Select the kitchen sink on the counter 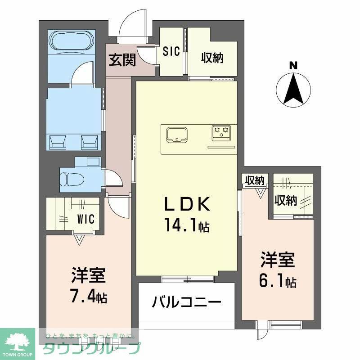tap(177, 134)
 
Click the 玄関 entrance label tap(122, 60)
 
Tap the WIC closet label tap(85, 219)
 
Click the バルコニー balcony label tap(186, 301)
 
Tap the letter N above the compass tap(293, 66)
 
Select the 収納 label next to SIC tap(212, 58)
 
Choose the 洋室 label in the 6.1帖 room tap(278, 260)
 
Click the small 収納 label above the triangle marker tap(254, 180)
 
